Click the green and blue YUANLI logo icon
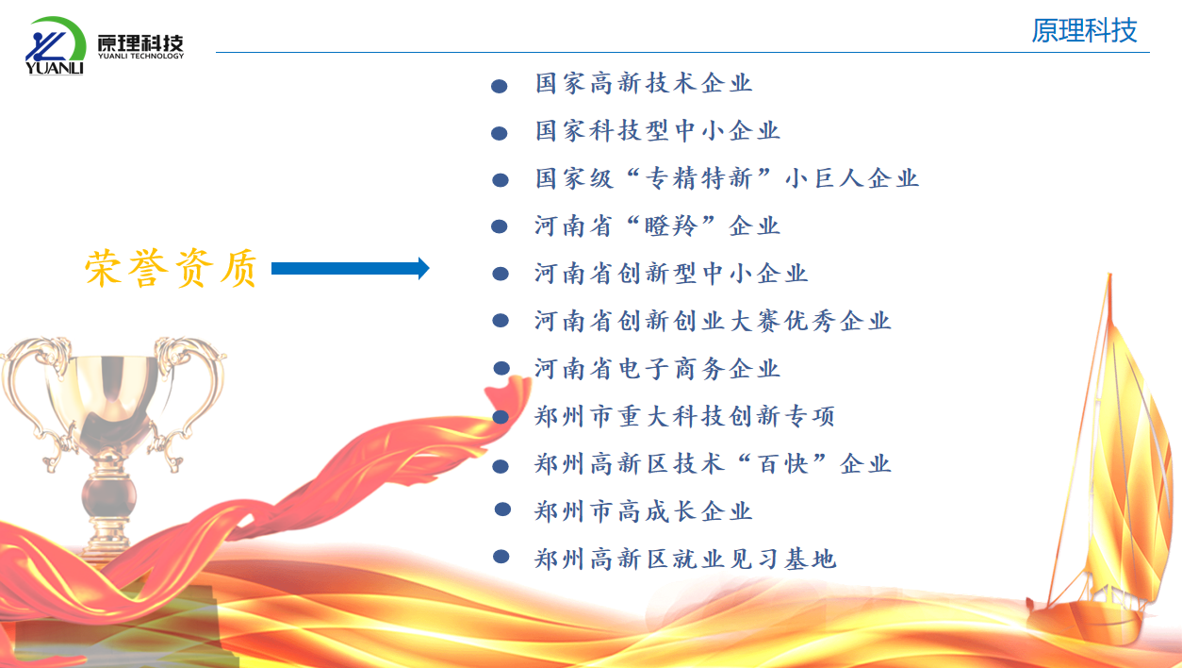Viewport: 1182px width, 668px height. tap(56, 45)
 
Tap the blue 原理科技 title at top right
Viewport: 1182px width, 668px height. tap(1084, 30)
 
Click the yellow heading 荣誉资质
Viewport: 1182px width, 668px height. tap(171, 268)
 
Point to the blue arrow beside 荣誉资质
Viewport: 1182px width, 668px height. tap(351, 268)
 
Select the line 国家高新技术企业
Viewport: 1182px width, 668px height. tap(644, 83)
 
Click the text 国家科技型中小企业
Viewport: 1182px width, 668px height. tap(658, 130)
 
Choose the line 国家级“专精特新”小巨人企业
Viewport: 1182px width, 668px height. tap(727, 178)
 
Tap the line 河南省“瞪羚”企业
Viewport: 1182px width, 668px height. tap(658, 226)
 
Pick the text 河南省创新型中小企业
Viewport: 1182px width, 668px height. tap(671, 274)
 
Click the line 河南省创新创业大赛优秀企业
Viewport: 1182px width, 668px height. tap(713, 321)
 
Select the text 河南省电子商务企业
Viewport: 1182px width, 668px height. tap(658, 369)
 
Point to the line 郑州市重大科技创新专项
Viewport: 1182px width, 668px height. tap(685, 416)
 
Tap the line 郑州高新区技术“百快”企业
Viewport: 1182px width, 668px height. tap(713, 463)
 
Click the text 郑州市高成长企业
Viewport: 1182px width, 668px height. tap(644, 511)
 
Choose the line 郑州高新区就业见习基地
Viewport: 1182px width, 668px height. tap(685, 559)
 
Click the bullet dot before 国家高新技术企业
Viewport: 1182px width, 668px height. tap(500, 86)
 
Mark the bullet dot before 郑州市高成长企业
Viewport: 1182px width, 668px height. tap(503, 509)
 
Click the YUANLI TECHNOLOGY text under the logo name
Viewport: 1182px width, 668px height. tap(140, 56)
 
